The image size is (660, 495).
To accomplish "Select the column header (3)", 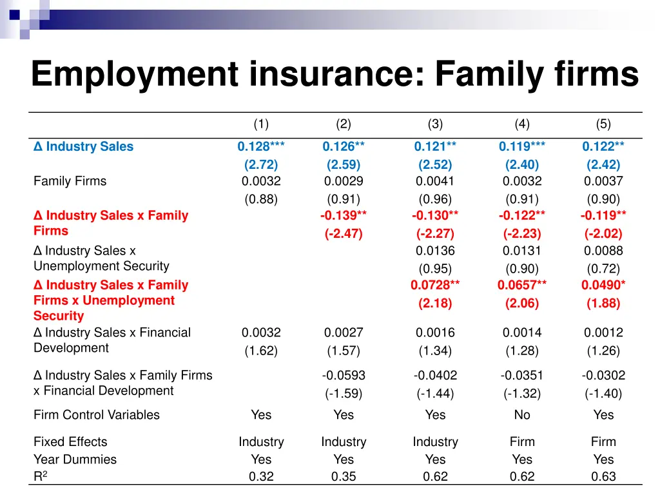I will point(435,124).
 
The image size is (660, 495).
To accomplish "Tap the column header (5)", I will point(603,124).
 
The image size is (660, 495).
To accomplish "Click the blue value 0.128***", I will point(261,146).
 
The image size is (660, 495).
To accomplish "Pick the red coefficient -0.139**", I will point(344,215).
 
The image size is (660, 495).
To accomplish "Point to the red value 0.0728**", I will point(435,285).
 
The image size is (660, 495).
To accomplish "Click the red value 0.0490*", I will point(603,285).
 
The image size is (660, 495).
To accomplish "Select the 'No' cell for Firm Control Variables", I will point(522,415).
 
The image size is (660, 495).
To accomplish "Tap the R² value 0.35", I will point(344,477).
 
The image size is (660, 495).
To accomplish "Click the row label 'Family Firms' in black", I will point(70,181).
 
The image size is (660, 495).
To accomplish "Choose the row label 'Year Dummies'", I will point(75,460).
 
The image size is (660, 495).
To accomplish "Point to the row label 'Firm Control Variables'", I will point(96,415).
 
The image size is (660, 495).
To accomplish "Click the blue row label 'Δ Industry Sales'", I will point(83,146).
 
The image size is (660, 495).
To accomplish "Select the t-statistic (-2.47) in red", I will point(344,234).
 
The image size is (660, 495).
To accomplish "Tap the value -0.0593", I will point(344,375).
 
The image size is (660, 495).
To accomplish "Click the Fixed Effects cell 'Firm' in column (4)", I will point(522,442).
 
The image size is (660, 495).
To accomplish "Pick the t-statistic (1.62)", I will point(261,351).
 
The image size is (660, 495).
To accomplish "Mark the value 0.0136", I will point(435,251).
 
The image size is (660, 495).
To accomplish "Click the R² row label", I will point(40,477).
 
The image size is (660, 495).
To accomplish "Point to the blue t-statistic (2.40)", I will point(522,164).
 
